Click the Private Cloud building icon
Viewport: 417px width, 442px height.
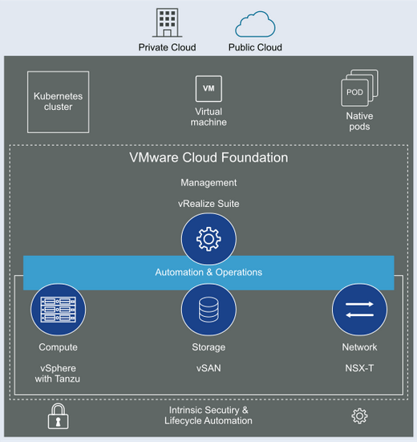[x=167, y=22]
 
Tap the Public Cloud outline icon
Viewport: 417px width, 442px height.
[x=255, y=24]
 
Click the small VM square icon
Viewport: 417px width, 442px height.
[x=208, y=88]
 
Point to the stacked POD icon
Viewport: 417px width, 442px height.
[x=359, y=88]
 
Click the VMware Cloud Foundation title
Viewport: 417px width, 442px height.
[x=208, y=157]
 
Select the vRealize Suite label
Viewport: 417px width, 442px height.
[x=208, y=204]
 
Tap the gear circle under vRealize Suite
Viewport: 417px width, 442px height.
[x=208, y=239]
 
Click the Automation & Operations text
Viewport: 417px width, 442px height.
[x=208, y=272]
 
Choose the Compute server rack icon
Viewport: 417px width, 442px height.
[x=58, y=309]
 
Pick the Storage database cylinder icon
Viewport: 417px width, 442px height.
[x=208, y=309]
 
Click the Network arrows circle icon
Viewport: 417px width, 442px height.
[x=359, y=309]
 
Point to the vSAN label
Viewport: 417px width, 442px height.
[x=208, y=368]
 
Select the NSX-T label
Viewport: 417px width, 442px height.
[x=359, y=368]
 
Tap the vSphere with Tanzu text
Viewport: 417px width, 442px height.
[x=58, y=374]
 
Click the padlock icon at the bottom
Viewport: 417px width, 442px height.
[x=58, y=416]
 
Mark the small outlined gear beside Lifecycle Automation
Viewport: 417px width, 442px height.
[x=359, y=416]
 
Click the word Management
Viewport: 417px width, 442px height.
[x=208, y=183]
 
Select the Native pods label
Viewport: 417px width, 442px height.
[x=359, y=121]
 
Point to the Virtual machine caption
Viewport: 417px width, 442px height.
[x=208, y=116]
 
